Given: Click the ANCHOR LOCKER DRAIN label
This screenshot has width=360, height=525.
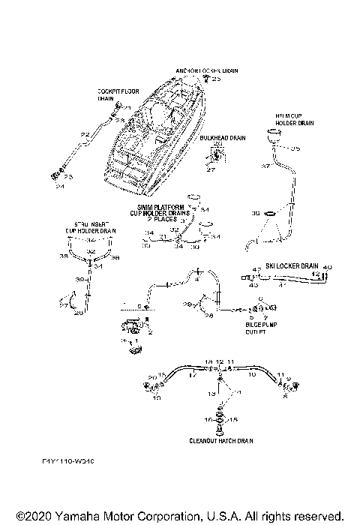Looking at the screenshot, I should [207, 70].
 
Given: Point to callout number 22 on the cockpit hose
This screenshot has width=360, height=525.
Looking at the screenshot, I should [85, 134].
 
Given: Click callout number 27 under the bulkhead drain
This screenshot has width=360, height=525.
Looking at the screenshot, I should [211, 169].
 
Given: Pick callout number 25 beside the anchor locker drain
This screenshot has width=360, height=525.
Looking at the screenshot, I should [217, 79].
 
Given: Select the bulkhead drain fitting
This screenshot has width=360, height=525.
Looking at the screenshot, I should [217, 155].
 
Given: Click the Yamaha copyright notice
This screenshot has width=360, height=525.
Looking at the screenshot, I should [179, 516].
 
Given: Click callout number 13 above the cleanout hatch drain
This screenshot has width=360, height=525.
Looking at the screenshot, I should [211, 393].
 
